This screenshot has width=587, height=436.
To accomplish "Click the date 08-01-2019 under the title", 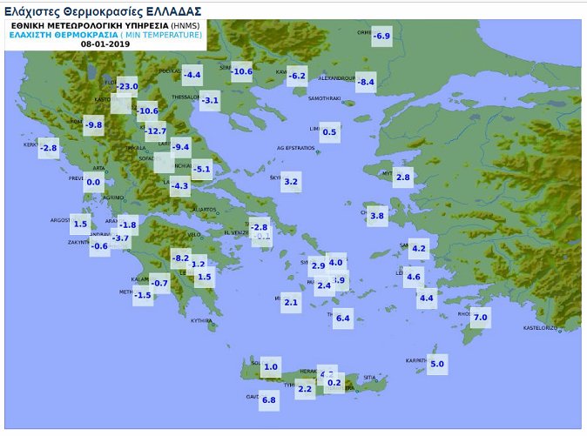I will point(105,44).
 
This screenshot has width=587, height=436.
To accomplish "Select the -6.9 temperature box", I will point(381,36).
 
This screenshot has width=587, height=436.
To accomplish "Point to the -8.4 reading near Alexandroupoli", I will point(366,83).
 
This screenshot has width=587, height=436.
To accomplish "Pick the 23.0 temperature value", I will point(128,86).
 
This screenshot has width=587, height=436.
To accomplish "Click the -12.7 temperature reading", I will point(155,131).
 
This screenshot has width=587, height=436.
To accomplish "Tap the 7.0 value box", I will point(480,318).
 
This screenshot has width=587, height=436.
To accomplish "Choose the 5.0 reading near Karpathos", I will point(437,364).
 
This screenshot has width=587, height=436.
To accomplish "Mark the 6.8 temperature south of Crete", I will point(268,400).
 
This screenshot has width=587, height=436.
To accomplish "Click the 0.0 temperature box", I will point(93,183).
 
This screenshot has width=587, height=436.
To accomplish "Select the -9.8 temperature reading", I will point(93,125).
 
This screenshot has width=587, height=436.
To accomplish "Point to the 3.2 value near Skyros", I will point(291,183).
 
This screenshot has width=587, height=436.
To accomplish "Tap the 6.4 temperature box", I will point(342,319).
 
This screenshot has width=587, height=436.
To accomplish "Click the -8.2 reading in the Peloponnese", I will point(181,258).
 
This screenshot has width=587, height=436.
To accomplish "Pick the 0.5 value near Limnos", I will point(329,133).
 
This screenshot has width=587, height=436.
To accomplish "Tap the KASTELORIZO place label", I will point(539,328).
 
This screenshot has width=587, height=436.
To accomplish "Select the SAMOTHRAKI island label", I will point(323,98).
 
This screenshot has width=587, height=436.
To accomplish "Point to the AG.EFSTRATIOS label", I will point(294,149).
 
